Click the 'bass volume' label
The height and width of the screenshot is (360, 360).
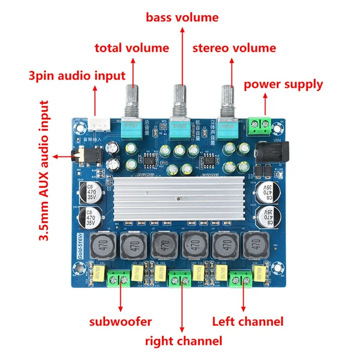tap(182, 18)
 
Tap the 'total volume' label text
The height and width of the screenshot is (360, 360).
tap(131, 48)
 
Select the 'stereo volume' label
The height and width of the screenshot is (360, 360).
tap(234, 48)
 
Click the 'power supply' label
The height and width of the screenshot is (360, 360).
tap(283, 84)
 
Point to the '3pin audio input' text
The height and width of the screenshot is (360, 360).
tap(76, 75)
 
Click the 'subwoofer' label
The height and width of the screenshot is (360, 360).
tap(120, 321)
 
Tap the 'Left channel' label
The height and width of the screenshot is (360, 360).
tap(247, 321)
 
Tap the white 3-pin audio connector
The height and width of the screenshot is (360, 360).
tap(96, 126)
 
